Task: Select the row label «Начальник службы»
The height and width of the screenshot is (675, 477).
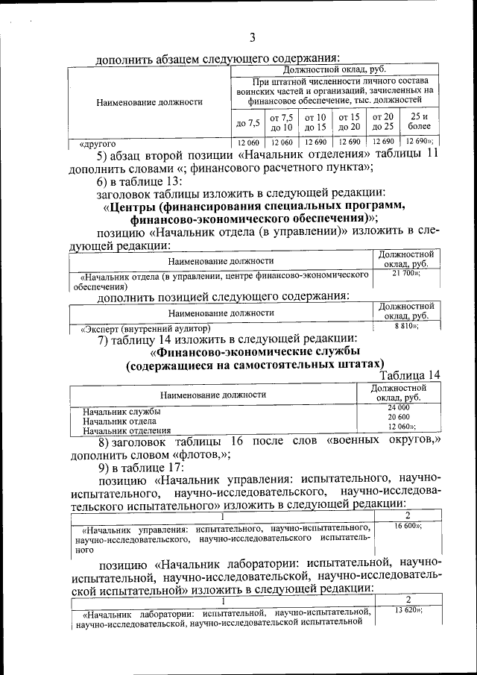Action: coord(121,411)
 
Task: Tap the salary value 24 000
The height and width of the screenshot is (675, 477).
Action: coord(398,407)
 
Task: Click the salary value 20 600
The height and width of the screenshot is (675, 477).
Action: coord(398,417)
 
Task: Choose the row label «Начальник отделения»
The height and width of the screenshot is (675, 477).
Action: coord(127,430)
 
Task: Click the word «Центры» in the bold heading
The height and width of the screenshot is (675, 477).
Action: coord(141,205)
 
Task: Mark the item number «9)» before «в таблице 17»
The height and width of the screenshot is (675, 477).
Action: coord(105,468)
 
